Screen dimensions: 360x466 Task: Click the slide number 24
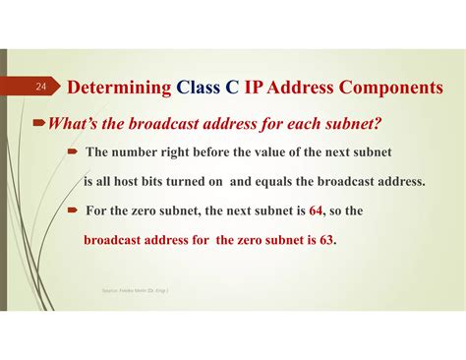click(x=42, y=88)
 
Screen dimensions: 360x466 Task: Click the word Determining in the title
click(x=119, y=88)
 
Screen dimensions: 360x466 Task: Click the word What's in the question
click(x=62, y=126)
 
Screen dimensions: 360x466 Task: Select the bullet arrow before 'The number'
click(x=73, y=151)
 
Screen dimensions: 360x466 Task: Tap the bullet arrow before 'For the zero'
click(x=73, y=210)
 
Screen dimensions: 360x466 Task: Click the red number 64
click(x=317, y=210)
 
